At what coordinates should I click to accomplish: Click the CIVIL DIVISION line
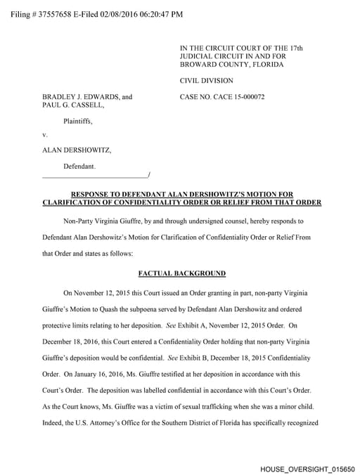(207, 81)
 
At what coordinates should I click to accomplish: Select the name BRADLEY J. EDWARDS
(79, 96)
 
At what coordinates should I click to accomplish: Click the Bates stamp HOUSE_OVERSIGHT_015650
(307, 467)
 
